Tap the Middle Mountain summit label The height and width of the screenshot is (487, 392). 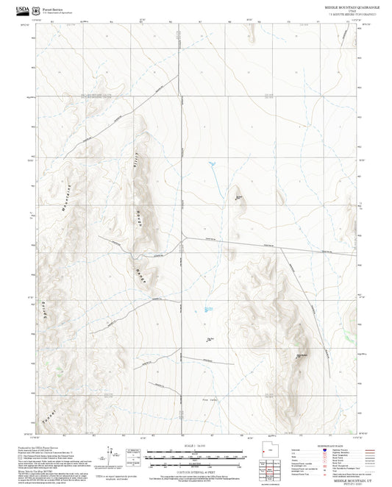300,356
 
